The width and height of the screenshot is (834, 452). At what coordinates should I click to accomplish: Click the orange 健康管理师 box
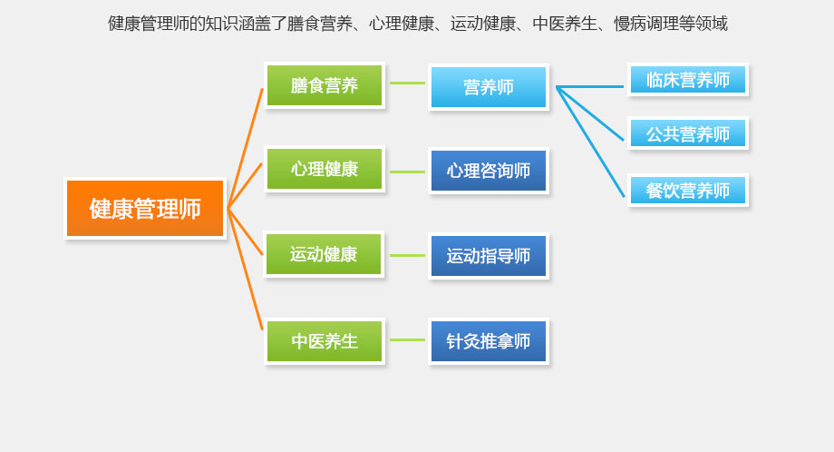click(145, 209)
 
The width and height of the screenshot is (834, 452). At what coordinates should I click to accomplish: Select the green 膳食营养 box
click(325, 85)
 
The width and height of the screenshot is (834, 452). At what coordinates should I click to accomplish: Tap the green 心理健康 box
click(325, 169)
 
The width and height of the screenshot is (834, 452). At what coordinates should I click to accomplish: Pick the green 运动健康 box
click(325, 254)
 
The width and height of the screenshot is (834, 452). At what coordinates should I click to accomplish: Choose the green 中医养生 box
click(325, 341)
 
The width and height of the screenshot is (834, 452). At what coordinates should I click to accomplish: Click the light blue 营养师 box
click(489, 87)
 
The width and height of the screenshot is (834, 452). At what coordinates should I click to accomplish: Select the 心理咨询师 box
click(489, 171)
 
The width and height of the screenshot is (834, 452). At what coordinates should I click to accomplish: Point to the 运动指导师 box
click(489, 256)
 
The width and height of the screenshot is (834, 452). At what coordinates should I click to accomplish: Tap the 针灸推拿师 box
click(489, 341)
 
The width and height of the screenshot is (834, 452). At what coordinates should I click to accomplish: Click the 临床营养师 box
click(688, 80)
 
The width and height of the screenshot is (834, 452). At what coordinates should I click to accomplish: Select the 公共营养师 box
click(688, 134)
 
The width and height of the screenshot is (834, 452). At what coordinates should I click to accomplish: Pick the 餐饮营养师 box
click(688, 191)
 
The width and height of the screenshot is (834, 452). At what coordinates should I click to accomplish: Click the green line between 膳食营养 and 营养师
click(407, 84)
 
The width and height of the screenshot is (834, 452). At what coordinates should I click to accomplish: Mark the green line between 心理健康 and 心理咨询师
click(407, 172)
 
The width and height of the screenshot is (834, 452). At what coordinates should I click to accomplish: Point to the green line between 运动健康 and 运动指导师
click(407, 255)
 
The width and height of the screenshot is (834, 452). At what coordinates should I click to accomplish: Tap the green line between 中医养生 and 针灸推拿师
click(407, 340)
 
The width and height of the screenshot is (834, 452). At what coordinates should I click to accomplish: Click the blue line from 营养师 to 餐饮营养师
click(591, 142)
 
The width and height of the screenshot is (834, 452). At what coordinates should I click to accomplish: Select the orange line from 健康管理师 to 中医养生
click(246, 270)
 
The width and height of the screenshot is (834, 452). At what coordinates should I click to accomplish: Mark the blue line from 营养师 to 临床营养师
click(591, 87)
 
